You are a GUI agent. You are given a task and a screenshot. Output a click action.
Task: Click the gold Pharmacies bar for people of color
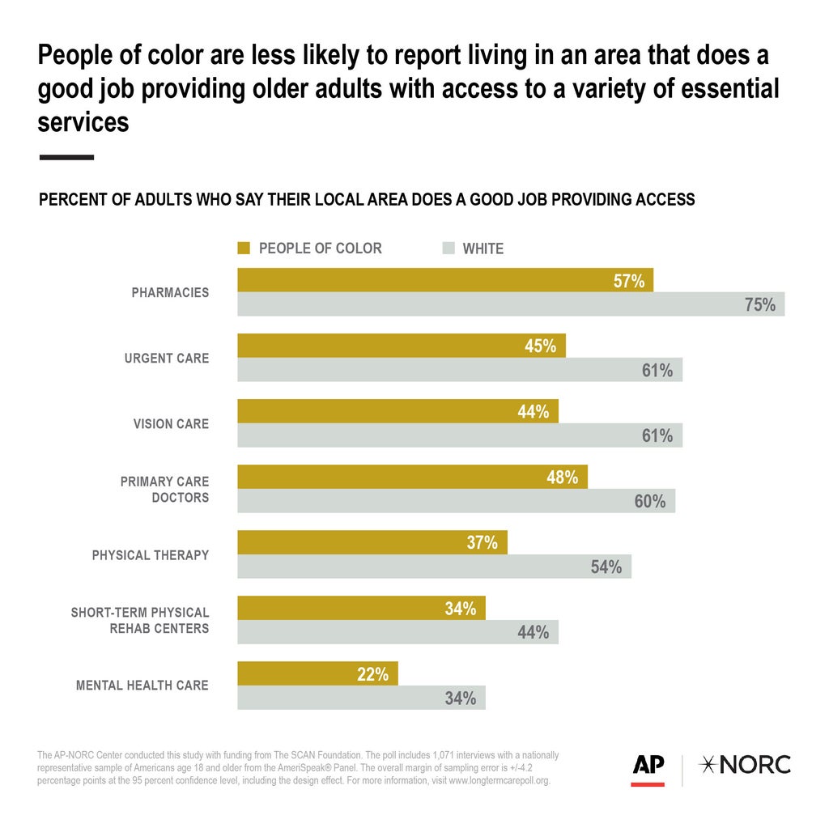444,280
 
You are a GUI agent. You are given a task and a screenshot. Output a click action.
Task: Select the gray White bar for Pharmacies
510,304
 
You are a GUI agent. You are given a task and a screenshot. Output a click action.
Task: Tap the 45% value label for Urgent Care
540,346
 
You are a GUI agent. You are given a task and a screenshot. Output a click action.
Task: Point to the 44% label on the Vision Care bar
534,412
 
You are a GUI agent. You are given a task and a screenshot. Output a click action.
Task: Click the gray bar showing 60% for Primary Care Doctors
456,501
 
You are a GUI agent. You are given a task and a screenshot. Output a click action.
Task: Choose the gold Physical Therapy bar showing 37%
372,542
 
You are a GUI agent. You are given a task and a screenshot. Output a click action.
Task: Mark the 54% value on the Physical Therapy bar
606,567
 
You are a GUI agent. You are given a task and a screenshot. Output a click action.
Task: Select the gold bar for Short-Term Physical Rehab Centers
361,608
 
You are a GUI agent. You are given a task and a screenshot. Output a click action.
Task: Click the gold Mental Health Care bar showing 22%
317,673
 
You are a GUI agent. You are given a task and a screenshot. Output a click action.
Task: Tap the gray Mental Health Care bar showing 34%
361,698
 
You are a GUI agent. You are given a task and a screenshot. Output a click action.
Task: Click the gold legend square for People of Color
244,248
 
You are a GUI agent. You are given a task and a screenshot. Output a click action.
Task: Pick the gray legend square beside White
449,248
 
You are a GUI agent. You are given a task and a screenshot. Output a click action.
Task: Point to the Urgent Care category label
166,358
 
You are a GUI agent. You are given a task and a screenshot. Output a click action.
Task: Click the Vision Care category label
171,423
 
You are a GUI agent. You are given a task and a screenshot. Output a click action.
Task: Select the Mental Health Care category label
142,686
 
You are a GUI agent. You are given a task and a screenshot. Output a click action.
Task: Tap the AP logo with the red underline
648,767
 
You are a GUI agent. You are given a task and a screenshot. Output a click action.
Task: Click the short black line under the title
66,157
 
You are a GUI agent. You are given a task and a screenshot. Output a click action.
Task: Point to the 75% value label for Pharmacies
759,305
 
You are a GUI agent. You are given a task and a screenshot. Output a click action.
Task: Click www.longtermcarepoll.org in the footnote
499,781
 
